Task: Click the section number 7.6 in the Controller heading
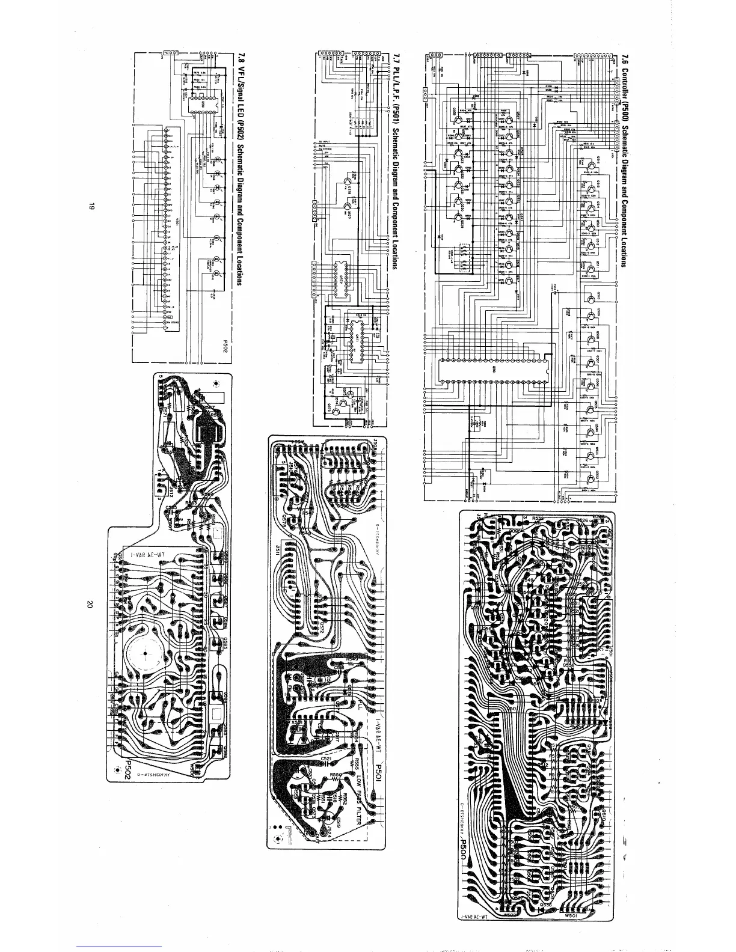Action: tap(626, 60)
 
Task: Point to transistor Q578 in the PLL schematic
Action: tap(349, 180)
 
